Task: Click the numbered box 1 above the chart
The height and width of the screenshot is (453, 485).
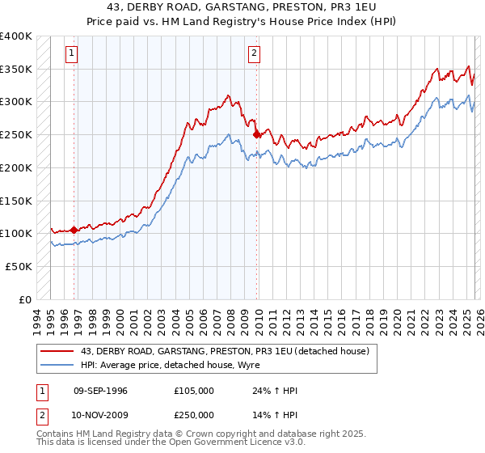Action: (72, 53)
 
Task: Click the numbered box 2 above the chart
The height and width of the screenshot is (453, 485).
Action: (254, 53)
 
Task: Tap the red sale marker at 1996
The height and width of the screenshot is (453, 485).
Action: (74, 230)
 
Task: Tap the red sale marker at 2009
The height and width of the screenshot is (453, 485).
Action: (256, 134)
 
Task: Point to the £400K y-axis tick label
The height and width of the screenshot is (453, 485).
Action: (16, 36)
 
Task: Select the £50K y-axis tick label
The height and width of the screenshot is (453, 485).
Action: (19, 266)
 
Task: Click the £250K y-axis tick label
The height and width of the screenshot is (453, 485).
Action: (16, 135)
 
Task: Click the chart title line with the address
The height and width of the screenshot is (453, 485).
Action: (242, 9)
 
